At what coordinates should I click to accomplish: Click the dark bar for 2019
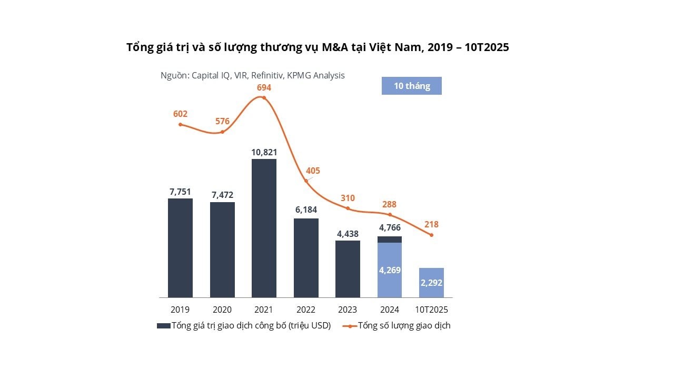(180, 248)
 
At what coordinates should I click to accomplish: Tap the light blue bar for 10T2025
(431, 283)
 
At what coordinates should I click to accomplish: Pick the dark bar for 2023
(348, 269)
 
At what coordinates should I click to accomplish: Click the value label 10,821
(264, 152)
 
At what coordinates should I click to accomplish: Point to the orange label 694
(264, 87)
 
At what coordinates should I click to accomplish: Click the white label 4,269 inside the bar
(390, 270)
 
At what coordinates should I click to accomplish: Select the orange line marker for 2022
(306, 181)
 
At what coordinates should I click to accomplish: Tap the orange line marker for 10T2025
(431, 235)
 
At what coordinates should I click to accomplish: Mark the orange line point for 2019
(180, 124)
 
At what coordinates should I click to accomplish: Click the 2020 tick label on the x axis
(222, 310)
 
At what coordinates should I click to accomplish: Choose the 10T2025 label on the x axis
(431, 310)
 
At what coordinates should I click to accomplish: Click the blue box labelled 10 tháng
(411, 86)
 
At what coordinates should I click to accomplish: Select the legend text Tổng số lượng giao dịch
(404, 326)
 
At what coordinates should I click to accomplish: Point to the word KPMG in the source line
(299, 75)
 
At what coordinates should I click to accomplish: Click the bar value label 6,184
(306, 210)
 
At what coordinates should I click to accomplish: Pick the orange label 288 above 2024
(390, 204)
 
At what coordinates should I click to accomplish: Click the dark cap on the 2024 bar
(390, 240)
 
